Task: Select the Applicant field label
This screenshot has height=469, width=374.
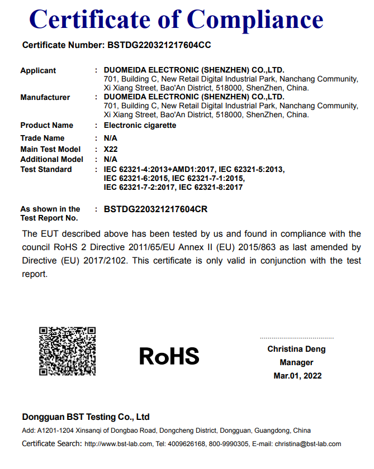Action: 38,70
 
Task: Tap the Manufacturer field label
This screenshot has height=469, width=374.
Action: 45,97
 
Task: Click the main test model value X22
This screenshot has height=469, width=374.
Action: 111,149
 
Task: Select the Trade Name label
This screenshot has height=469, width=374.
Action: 42,138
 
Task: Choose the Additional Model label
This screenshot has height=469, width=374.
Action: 51,159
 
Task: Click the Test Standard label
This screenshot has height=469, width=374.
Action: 46,169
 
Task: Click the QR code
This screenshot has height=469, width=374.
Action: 67,351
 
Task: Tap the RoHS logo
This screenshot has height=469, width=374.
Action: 169,356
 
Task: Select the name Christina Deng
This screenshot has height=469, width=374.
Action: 296,349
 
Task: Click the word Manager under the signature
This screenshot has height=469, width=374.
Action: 296,362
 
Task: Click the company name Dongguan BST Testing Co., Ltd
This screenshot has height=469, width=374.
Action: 86,417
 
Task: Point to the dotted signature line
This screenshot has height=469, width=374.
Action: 296,338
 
